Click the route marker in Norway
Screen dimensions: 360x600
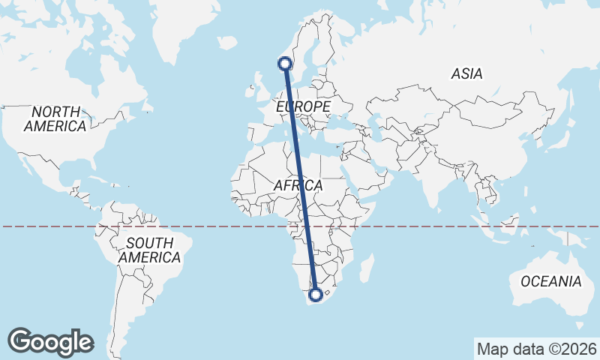[285, 64]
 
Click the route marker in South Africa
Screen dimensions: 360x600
[316, 295]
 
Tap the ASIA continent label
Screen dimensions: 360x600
[466, 73]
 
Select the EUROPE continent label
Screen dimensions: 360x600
[303, 107]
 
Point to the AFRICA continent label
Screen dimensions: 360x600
[298, 185]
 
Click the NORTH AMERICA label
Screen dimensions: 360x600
[55, 118]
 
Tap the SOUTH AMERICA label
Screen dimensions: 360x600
[149, 250]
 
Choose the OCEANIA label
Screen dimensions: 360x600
[551, 281]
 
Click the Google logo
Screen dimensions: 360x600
[50, 341]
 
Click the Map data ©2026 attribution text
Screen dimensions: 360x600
[536, 349]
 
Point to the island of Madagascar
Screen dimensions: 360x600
[367, 268]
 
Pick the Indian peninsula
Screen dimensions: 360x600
[435, 180]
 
